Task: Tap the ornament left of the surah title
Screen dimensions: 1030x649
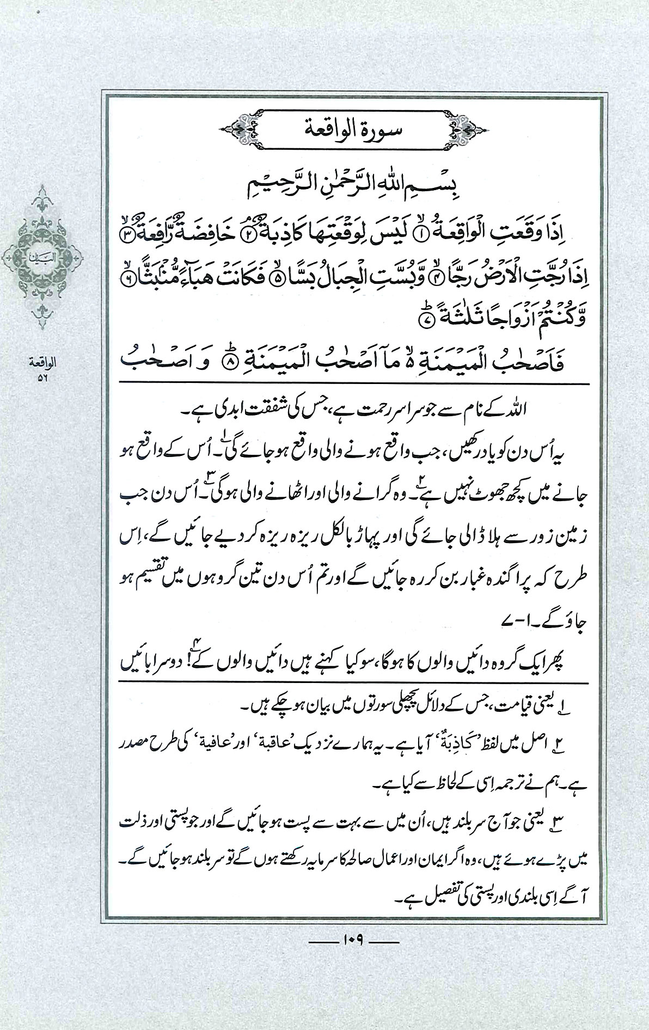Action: coord(238,131)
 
